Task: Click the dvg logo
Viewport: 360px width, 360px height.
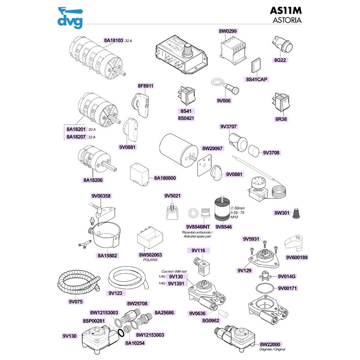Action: (71, 18)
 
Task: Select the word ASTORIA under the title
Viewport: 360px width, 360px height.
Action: (287, 20)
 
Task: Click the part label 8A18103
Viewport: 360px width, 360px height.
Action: (113, 40)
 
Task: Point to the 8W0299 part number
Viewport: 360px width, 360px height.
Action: (228, 31)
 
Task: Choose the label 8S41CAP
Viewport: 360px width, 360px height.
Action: (256, 79)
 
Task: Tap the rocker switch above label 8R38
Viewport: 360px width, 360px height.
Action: (281, 103)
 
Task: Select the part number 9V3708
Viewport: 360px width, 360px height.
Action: (271, 153)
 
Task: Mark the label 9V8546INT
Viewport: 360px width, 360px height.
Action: (198, 226)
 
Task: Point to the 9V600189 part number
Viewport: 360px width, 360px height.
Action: (297, 257)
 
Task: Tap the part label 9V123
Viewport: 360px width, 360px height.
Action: (116, 293)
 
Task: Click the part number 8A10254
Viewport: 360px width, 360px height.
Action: (134, 343)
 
